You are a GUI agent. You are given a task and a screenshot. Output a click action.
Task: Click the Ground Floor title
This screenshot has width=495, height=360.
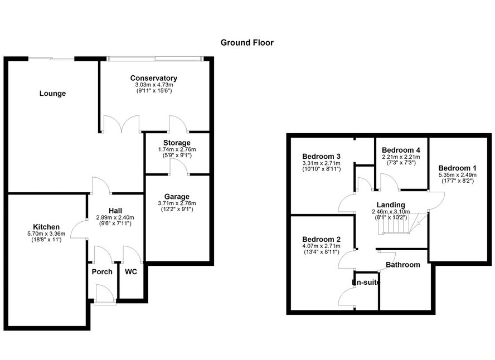(x=247, y=42)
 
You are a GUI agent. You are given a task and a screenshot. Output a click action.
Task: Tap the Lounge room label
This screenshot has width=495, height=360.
(x=52, y=94)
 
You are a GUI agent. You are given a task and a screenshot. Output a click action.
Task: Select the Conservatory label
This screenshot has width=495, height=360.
(x=154, y=78)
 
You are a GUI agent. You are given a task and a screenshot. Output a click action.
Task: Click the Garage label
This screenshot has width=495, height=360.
(x=177, y=197)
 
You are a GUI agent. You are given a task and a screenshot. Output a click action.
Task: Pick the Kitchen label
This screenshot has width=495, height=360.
(x=46, y=226)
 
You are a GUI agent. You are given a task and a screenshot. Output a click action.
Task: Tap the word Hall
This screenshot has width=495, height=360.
(x=115, y=210)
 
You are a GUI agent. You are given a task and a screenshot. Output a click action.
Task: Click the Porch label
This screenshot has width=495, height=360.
(x=102, y=272)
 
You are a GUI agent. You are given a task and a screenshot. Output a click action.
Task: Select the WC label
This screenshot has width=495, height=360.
(x=132, y=272)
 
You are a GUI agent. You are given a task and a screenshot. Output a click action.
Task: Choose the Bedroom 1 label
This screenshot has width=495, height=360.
(x=457, y=168)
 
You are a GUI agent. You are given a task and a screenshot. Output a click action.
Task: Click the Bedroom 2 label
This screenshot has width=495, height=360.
(x=321, y=239)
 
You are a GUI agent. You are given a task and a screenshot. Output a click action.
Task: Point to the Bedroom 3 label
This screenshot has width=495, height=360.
(x=321, y=155)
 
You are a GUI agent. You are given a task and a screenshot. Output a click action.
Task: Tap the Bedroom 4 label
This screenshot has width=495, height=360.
(x=401, y=150)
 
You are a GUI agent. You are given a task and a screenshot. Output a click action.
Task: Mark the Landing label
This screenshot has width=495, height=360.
(x=391, y=205)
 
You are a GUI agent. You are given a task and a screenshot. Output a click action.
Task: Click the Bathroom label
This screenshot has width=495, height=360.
(x=403, y=265)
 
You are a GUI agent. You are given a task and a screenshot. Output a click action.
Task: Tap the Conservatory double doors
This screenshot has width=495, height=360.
(x=121, y=123)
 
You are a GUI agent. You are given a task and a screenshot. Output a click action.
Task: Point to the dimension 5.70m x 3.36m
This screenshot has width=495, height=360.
(x=46, y=233)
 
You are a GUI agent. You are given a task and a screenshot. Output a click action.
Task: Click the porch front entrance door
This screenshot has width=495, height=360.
(x=104, y=294)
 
